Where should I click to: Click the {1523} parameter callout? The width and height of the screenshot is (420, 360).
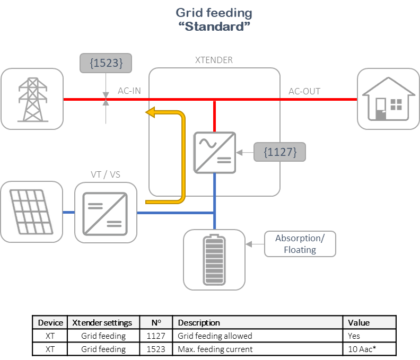pos(106,63)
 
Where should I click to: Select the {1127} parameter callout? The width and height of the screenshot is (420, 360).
pos(279,152)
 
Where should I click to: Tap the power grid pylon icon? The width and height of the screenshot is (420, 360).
pos(32,99)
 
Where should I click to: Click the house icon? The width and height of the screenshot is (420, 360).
pos(388,99)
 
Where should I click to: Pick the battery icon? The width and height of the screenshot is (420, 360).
pos(214,260)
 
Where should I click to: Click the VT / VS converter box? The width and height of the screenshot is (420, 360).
pos(105,213)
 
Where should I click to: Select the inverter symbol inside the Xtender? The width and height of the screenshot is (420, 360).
pos(215,153)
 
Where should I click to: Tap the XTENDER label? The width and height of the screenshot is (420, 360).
pos(214,60)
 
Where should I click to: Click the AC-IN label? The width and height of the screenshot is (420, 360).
pos(129,91)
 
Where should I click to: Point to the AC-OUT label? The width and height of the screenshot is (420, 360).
pos(304,91)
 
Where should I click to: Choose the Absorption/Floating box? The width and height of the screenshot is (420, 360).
pos(300,244)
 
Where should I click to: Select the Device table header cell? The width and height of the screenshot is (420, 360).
pos(50,322)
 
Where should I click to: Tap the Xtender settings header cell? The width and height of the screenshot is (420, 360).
pos(103,322)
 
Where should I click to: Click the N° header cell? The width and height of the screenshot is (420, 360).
pos(156,322)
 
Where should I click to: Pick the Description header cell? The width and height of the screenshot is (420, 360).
pos(258,322)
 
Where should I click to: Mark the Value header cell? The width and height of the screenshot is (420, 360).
pos(369,322)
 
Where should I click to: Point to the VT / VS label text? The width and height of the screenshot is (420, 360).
pos(105,174)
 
